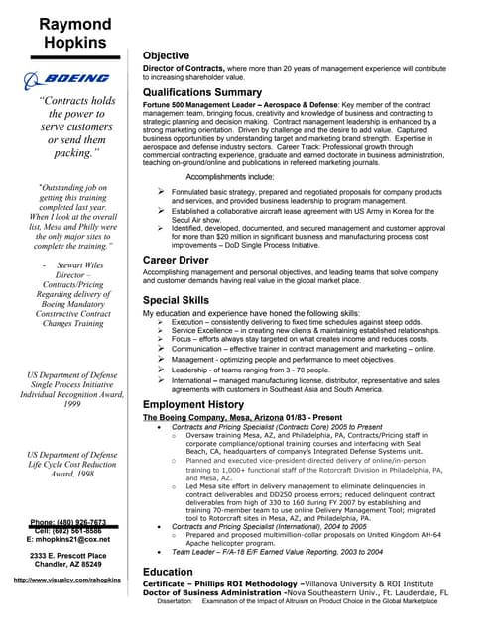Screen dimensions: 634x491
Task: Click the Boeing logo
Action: point(68,78)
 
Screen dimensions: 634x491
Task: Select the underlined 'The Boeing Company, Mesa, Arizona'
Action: point(206,418)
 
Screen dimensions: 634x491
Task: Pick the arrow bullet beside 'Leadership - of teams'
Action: point(161,368)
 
